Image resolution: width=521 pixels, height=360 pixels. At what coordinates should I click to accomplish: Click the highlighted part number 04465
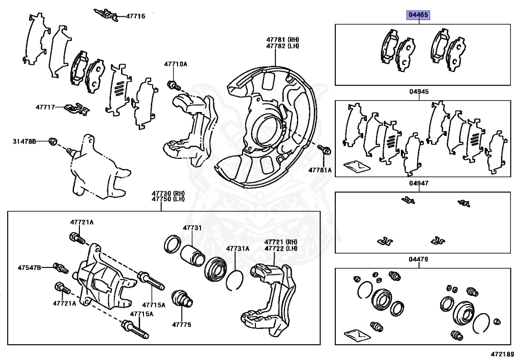click(x=418, y=15)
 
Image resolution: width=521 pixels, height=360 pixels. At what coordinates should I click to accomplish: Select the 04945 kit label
click(x=419, y=92)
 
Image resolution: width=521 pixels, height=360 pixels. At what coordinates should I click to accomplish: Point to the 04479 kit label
click(x=419, y=259)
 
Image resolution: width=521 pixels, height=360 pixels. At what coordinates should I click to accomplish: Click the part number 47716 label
click(x=135, y=16)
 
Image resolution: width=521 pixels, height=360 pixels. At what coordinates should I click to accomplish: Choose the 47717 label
click(x=46, y=107)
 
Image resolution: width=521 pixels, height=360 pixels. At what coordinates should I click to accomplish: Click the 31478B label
click(x=24, y=141)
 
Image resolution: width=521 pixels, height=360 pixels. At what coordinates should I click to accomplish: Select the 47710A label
click(x=176, y=64)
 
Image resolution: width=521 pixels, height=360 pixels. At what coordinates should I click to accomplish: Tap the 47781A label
click(x=319, y=170)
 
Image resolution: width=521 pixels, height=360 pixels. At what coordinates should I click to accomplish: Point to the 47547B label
click(x=30, y=267)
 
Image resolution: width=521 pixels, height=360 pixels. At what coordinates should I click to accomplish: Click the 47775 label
click(x=181, y=324)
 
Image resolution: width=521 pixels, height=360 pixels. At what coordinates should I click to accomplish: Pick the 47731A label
click(x=238, y=248)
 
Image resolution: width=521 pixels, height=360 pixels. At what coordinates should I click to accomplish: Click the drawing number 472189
click(x=502, y=353)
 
